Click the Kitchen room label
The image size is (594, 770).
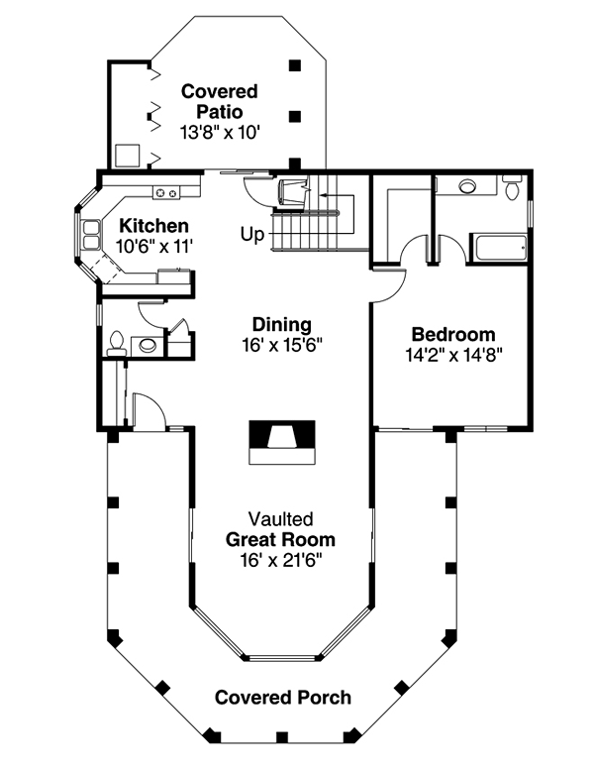[154, 226]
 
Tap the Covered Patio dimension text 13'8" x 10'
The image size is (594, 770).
[219, 133]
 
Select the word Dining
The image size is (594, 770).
[281, 325]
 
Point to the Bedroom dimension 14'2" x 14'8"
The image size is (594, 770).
[454, 355]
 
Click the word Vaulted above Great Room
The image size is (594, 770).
[280, 519]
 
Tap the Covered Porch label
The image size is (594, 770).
[283, 698]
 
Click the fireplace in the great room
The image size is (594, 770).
[282, 442]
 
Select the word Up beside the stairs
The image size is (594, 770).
[252, 234]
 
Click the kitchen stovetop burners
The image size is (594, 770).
[166, 193]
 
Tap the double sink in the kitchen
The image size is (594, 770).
[92, 235]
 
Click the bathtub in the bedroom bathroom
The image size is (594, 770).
[499, 249]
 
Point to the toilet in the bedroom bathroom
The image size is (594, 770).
[512, 187]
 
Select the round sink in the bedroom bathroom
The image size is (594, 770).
[467, 186]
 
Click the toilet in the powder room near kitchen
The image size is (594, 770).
[116, 343]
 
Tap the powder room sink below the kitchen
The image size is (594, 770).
[148, 345]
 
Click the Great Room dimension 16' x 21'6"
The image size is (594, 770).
[280, 560]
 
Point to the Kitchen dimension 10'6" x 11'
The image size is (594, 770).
[154, 246]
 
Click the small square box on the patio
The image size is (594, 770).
[128, 156]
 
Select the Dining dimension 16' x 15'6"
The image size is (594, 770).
[281, 345]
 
